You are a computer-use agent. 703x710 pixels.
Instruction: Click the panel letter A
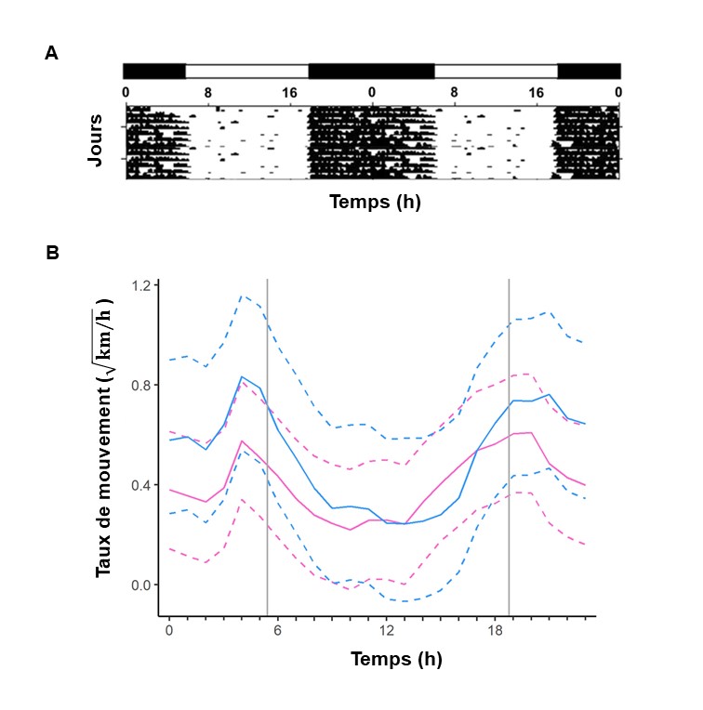pyautogui.click(x=52, y=54)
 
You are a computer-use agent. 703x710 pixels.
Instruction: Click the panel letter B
pyautogui.click(x=52, y=251)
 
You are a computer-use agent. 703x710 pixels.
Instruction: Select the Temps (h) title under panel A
pyautogui.click(x=375, y=201)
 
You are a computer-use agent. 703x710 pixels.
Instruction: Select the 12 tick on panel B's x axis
pyautogui.click(x=385, y=630)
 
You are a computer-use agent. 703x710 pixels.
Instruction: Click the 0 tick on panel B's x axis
pyautogui.click(x=169, y=630)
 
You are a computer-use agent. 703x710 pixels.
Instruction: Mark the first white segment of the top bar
pyautogui.click(x=246, y=71)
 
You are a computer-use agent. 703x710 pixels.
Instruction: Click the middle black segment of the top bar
pyautogui.click(x=371, y=71)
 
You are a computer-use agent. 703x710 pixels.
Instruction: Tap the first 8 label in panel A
pyautogui.click(x=207, y=92)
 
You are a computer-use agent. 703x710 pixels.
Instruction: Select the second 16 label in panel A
pyautogui.click(x=536, y=92)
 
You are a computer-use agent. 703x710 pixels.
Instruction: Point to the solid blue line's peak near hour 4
pyautogui.click(x=242, y=376)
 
